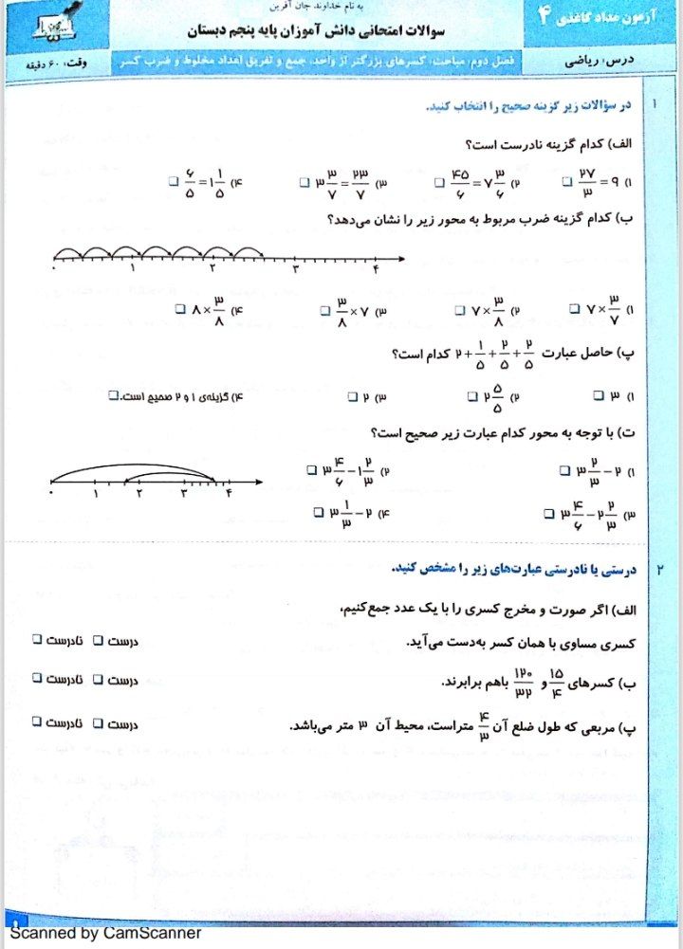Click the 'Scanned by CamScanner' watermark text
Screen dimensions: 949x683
click(105, 932)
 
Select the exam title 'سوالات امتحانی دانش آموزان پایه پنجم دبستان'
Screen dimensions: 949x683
click(303, 31)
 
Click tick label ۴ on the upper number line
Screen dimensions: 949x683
click(376, 271)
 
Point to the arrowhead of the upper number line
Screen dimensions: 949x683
click(402, 258)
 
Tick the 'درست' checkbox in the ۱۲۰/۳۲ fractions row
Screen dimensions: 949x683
click(96, 680)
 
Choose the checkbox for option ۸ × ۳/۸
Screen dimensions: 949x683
click(180, 308)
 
